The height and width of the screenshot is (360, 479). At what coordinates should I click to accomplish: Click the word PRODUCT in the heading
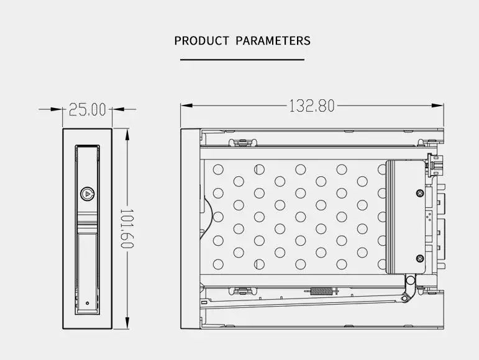201,40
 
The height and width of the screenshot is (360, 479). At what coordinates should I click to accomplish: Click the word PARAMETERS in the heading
273,40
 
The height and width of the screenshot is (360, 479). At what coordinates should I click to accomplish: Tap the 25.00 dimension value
88,110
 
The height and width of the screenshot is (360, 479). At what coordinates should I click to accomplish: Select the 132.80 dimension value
312,106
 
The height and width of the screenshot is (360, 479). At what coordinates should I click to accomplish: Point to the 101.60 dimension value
127,228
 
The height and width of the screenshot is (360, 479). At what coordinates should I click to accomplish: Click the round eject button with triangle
88,194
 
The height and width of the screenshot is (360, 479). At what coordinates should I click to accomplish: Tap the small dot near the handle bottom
88,304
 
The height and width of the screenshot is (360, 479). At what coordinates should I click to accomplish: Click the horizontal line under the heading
242,60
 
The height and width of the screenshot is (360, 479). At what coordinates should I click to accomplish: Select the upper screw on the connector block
420,193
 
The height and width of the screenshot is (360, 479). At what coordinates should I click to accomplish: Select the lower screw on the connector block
420,259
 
